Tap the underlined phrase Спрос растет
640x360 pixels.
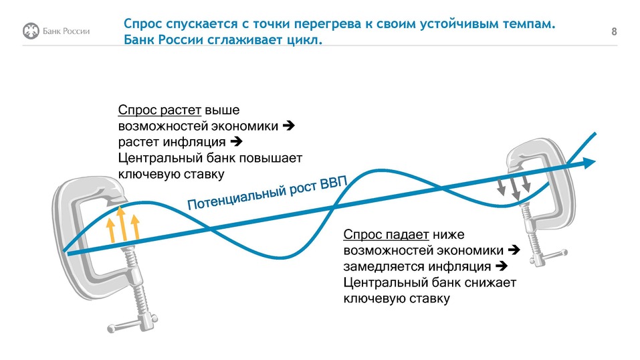click(159, 110)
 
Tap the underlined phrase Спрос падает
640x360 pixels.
click(387, 235)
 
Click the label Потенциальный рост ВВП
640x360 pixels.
click(263, 194)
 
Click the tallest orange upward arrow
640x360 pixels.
click(121, 223)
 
